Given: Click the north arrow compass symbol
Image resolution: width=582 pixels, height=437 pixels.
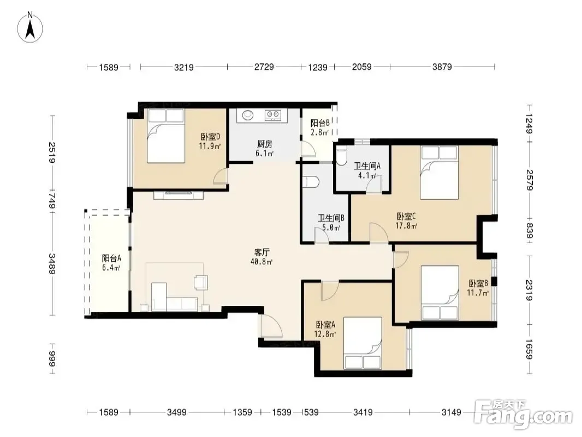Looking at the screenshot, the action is click(x=30, y=27).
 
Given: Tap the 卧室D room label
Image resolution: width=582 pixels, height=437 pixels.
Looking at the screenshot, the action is click(x=210, y=137).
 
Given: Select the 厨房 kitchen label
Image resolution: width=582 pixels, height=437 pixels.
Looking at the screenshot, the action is click(x=265, y=144).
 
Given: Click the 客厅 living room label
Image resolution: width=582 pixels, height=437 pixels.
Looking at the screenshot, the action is click(x=262, y=252).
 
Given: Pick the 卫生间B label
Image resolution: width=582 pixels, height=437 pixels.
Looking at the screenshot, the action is click(x=331, y=218).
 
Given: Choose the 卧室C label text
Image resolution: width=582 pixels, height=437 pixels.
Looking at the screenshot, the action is click(x=406, y=216).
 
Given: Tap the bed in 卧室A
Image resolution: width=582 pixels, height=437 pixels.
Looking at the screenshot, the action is click(x=363, y=343).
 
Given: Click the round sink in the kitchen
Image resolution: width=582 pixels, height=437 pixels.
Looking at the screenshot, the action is click(x=248, y=115).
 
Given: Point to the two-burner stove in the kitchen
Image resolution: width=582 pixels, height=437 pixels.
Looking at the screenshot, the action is click(x=273, y=115).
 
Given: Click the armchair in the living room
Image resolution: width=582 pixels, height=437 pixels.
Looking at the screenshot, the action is click(x=201, y=282).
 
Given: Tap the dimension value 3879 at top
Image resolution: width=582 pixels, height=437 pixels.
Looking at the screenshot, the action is click(x=442, y=67).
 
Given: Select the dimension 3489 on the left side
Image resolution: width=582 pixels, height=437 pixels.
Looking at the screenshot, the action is click(x=52, y=264).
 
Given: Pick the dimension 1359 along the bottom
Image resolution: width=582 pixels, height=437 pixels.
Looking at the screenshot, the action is click(x=242, y=412).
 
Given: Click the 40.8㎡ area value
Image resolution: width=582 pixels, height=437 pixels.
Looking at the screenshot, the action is click(x=262, y=262).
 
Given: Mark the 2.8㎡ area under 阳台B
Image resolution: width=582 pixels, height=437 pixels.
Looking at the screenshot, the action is click(x=320, y=132).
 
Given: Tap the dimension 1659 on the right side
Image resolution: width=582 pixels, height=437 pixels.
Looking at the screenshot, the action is click(x=529, y=350).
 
